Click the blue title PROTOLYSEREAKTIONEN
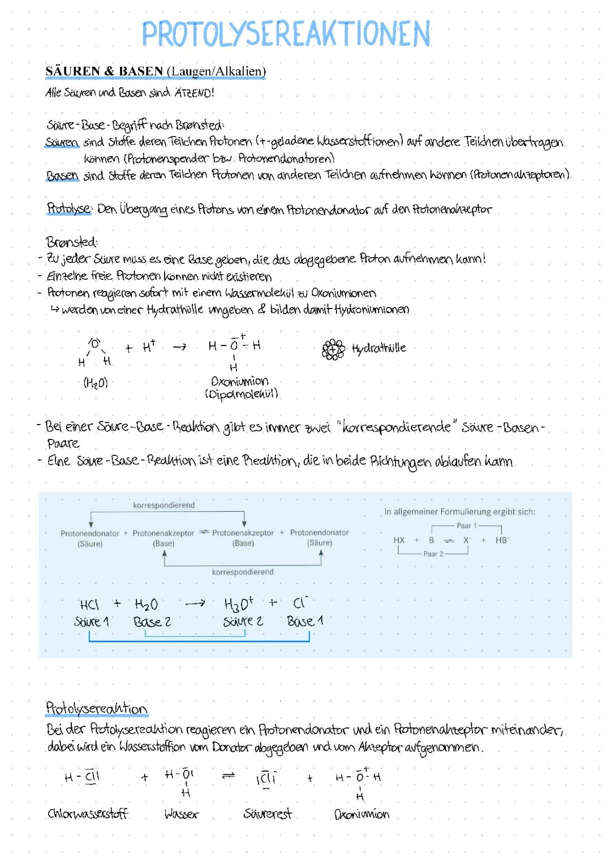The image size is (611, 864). coord(286,34)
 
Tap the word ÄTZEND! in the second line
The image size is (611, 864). coord(194,93)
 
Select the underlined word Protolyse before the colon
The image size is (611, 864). coord(68,209)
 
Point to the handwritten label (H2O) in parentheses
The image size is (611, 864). coord(96,383)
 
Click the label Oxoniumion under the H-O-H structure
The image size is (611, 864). coord(239,381)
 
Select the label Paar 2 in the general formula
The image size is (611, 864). coord(433,554)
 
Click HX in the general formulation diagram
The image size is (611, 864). coord(399,540)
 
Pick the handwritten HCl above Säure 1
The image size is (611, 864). coord(89,605)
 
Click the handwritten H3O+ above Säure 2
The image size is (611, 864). coord(239,604)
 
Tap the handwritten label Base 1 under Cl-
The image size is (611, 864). coord(304,622)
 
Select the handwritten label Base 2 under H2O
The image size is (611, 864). coord(152,622)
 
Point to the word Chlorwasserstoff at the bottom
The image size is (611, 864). coord(88,814)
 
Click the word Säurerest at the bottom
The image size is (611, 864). coord(267,814)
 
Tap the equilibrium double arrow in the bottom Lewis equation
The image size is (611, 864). coord(228,777)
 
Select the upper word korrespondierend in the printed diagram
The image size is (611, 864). coord(163,505)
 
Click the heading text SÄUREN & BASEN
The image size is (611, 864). coord(104,71)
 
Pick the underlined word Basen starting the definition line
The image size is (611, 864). coord(62,176)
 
